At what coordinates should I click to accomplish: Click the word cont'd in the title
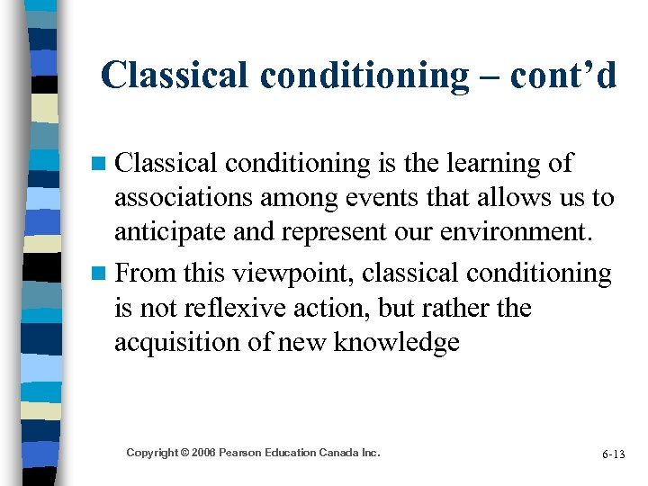click(x=563, y=76)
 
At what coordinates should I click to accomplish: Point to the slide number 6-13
click(x=613, y=454)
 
